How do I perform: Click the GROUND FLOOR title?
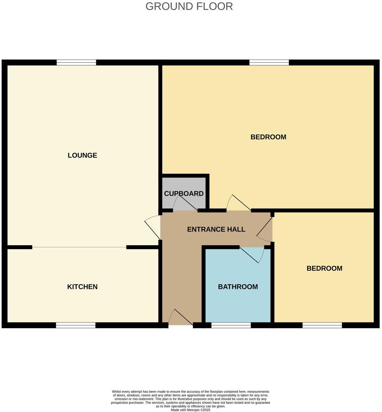pos(189,6)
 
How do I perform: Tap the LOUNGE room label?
pos(82,155)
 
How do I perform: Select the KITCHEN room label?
pos(82,287)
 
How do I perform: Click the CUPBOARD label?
pos(184,194)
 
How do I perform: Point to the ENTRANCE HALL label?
pos(216,229)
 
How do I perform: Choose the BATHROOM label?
pos(238,287)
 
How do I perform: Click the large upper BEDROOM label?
pos(268,137)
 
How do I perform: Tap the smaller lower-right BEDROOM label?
pos(324,268)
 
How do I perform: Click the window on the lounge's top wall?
pos(76,63)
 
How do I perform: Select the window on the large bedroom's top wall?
pos(269,63)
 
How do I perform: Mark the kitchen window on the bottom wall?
pos(76,325)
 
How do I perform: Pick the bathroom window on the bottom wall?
pos(231,325)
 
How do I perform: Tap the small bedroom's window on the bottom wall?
pos(322,325)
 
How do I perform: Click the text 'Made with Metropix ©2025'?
pos(190,410)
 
